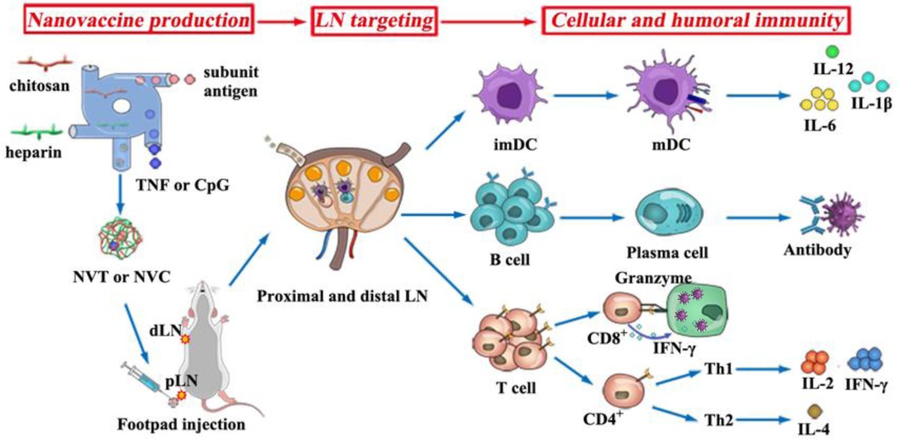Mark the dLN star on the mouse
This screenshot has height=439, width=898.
tap(186, 340)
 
